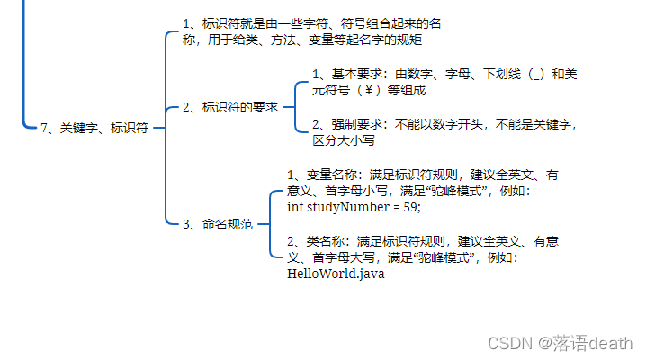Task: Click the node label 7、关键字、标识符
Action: pos(94,129)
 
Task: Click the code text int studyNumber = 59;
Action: pos(353,207)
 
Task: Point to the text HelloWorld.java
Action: pos(335,273)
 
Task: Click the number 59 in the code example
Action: pos(409,207)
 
